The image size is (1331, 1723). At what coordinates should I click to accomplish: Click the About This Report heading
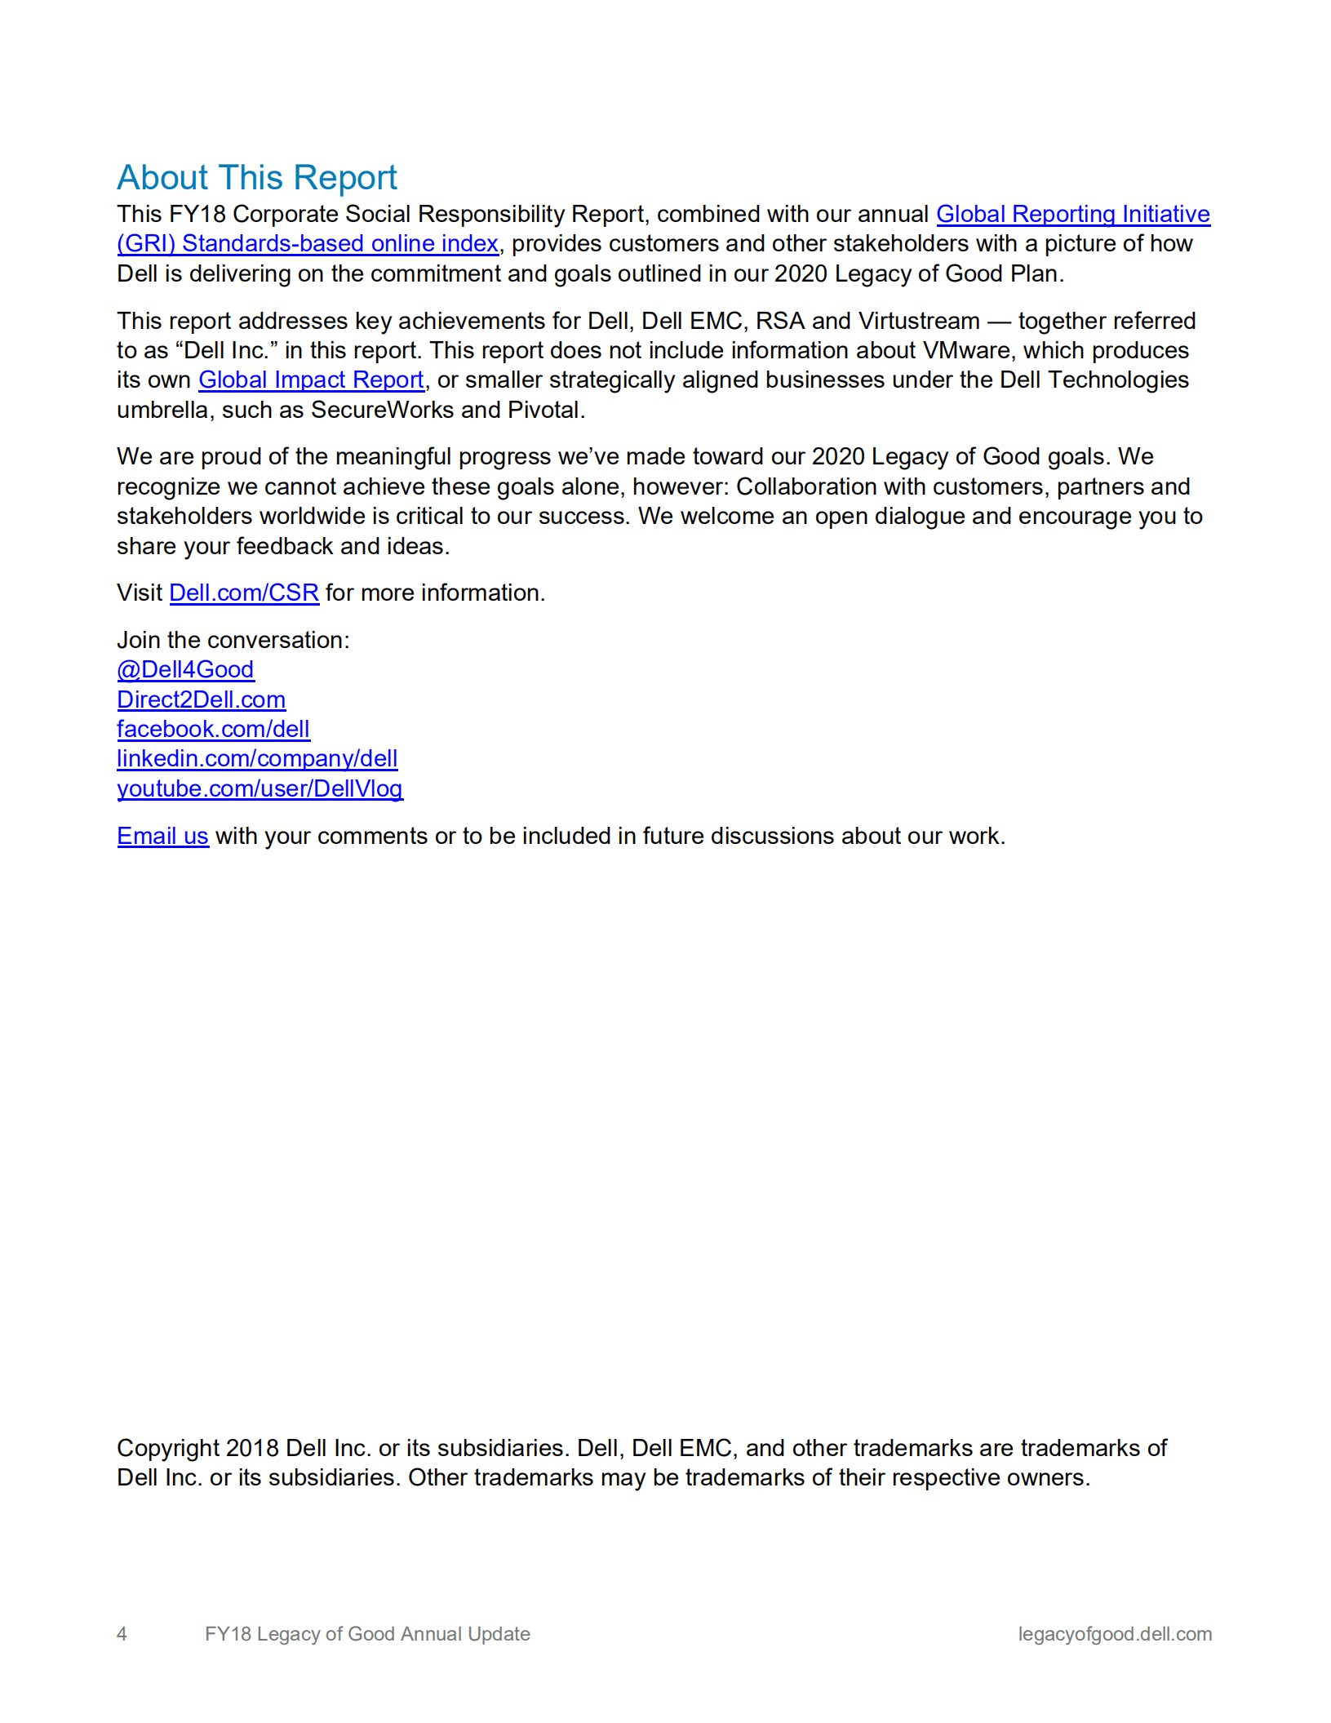[256, 177]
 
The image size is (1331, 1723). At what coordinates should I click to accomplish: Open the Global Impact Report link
[311, 380]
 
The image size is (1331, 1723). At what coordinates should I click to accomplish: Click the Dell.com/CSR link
[244, 593]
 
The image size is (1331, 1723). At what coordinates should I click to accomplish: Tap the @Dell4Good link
[185, 669]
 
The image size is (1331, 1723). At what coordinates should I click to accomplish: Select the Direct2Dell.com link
[201, 699]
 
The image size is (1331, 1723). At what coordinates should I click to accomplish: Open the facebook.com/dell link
[213, 729]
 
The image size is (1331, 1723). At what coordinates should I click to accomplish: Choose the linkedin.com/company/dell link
[257, 758]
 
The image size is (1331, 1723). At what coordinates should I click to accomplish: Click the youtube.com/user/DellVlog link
[260, 788]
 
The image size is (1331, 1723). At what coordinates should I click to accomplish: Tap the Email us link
[162, 836]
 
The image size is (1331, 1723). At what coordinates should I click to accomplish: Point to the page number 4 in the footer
[122, 1633]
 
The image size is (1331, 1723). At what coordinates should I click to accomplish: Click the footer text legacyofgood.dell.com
[1115, 1633]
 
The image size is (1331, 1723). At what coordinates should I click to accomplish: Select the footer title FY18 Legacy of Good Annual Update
[367, 1633]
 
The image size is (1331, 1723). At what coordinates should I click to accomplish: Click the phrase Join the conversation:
[233, 640]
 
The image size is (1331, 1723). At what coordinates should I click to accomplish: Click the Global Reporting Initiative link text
[1072, 214]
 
